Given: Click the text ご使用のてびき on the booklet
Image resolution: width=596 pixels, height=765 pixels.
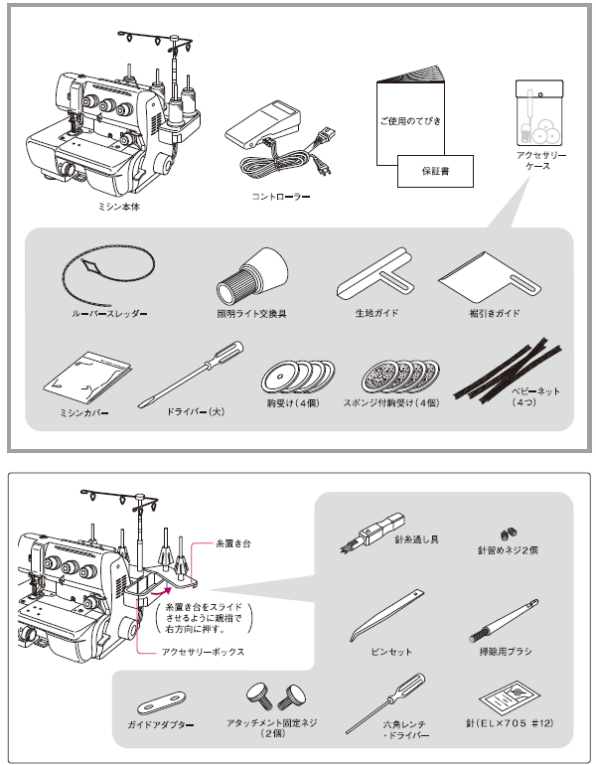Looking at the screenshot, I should pos(411,120).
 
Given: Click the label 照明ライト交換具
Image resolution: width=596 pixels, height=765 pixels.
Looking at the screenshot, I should pos(250,314).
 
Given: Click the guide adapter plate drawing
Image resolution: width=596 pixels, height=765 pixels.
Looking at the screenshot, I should pos(160,699).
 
